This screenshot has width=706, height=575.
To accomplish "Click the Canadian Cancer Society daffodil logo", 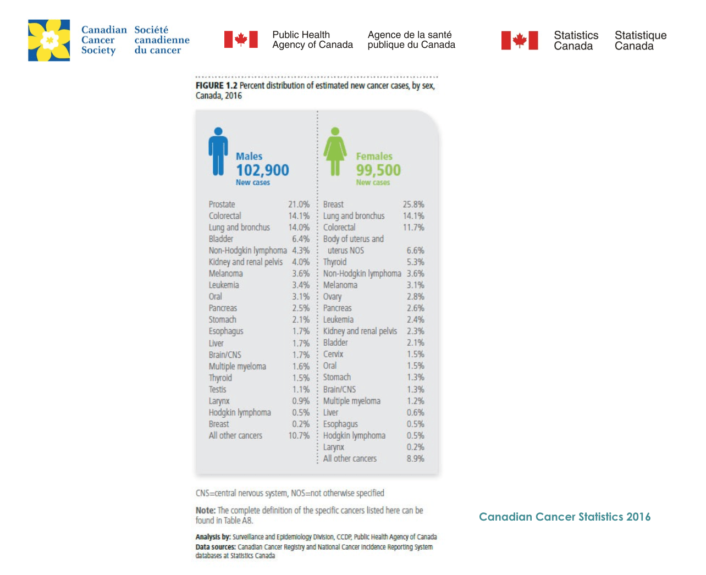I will pyautogui.click(x=49, y=40).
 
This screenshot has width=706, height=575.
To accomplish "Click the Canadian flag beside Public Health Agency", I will pyautogui.click(x=241, y=40).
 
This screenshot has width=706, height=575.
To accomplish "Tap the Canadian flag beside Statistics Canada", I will pyautogui.click(x=520, y=41).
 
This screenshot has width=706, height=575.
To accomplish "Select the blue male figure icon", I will pyautogui.click(x=218, y=152).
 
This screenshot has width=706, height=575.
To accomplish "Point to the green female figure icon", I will pyautogui.click(x=335, y=152).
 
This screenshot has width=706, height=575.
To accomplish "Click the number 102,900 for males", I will pyautogui.click(x=262, y=170).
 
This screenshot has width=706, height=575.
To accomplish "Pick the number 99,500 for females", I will pyautogui.click(x=378, y=170).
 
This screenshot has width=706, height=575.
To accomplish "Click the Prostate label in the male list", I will pyautogui.click(x=222, y=204).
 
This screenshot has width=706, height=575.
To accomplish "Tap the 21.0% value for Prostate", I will pyautogui.click(x=299, y=204).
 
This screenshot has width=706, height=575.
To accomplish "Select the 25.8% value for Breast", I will pyautogui.click(x=413, y=204).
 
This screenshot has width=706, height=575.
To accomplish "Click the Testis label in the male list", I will pyautogui.click(x=217, y=389).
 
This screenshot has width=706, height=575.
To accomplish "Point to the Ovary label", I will pyautogui.click(x=332, y=296).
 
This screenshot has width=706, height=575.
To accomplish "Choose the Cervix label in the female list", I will pyautogui.click(x=333, y=354).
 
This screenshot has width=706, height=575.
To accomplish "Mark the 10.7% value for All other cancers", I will pyautogui.click(x=299, y=435).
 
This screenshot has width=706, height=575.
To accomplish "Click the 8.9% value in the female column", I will pyautogui.click(x=415, y=458).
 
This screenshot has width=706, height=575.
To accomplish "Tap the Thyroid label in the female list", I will pyautogui.click(x=335, y=262).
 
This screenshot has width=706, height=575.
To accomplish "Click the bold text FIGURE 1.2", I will pyautogui.click(x=217, y=86).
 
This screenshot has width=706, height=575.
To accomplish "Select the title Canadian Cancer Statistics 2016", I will pyautogui.click(x=565, y=517).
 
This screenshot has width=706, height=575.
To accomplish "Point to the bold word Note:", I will pyautogui.click(x=206, y=510).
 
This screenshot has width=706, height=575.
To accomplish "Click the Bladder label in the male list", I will pyautogui.click(x=221, y=239).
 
